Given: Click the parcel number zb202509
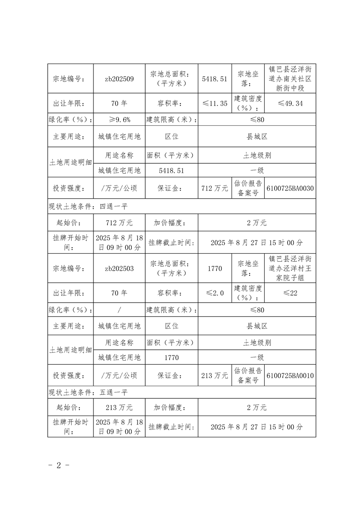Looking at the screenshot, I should coord(119,78).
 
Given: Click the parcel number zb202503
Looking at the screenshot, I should coord(119,268).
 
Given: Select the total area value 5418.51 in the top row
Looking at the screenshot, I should coord(215,78).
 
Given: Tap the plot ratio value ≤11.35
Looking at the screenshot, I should coord(215,103).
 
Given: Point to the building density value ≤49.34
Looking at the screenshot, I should coord(290,103).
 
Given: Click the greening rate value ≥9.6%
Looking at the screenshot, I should coord(119,120).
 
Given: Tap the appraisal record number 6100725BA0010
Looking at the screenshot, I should coord(290,376).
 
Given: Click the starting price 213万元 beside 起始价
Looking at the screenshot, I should coord(119,407).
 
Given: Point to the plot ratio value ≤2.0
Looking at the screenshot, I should coord(215,293).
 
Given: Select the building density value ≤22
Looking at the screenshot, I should coord(290,293).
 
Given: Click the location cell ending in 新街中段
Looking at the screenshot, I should coord(290,78).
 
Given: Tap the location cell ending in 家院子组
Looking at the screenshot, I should coord(290,268).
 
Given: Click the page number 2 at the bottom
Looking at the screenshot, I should coord(59,466).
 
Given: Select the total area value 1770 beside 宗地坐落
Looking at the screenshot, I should coord(215,268).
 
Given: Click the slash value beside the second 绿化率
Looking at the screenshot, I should coord(119,310).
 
